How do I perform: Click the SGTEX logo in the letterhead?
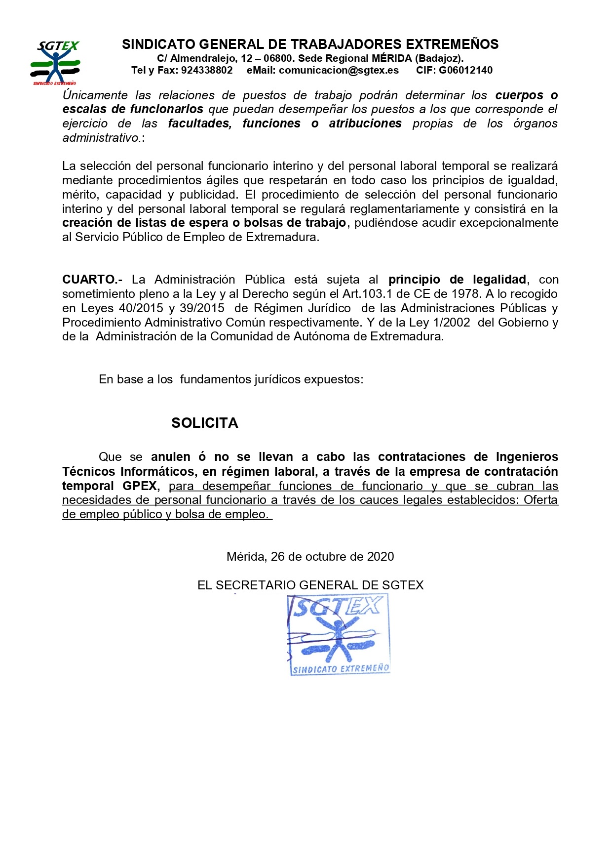coord(55,62)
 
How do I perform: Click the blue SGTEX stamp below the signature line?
coord(339,635)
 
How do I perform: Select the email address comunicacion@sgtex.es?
coord(339,70)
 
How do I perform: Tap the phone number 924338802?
coord(207,70)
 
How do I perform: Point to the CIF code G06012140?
coord(465,70)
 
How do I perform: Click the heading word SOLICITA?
coord(205,423)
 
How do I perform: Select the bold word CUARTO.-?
coord(92,280)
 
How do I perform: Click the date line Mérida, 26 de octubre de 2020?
coord(310,557)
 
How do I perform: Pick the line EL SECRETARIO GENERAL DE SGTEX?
coord(310,585)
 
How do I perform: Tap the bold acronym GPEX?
coord(140,486)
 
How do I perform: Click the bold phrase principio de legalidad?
coord(457,280)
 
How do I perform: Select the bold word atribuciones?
coord(365,124)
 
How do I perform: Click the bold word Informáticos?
coord(159,472)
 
